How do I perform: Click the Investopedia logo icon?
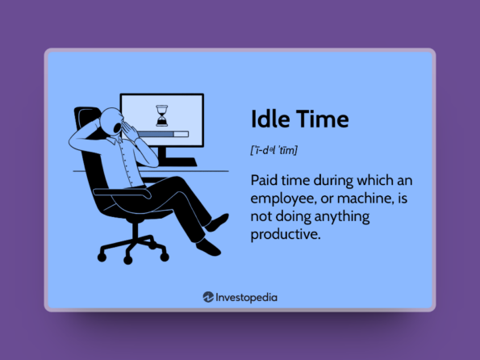point(208,296)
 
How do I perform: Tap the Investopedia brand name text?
point(246,296)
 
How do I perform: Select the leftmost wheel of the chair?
point(102,257)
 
